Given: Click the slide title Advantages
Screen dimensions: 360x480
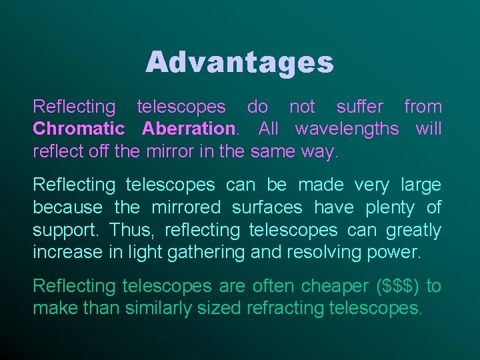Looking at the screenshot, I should pos(239,63).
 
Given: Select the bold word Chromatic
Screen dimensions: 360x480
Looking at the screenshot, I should pos(79,129).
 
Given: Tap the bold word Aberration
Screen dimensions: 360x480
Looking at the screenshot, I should pos(188,129).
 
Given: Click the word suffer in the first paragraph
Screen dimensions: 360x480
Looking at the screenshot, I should pos(360,107).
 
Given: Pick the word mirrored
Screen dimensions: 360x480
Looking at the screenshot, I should pos(187,208).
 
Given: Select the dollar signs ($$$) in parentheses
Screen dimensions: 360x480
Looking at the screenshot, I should pos(399,287).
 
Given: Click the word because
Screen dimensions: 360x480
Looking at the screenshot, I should pos(68,208).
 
